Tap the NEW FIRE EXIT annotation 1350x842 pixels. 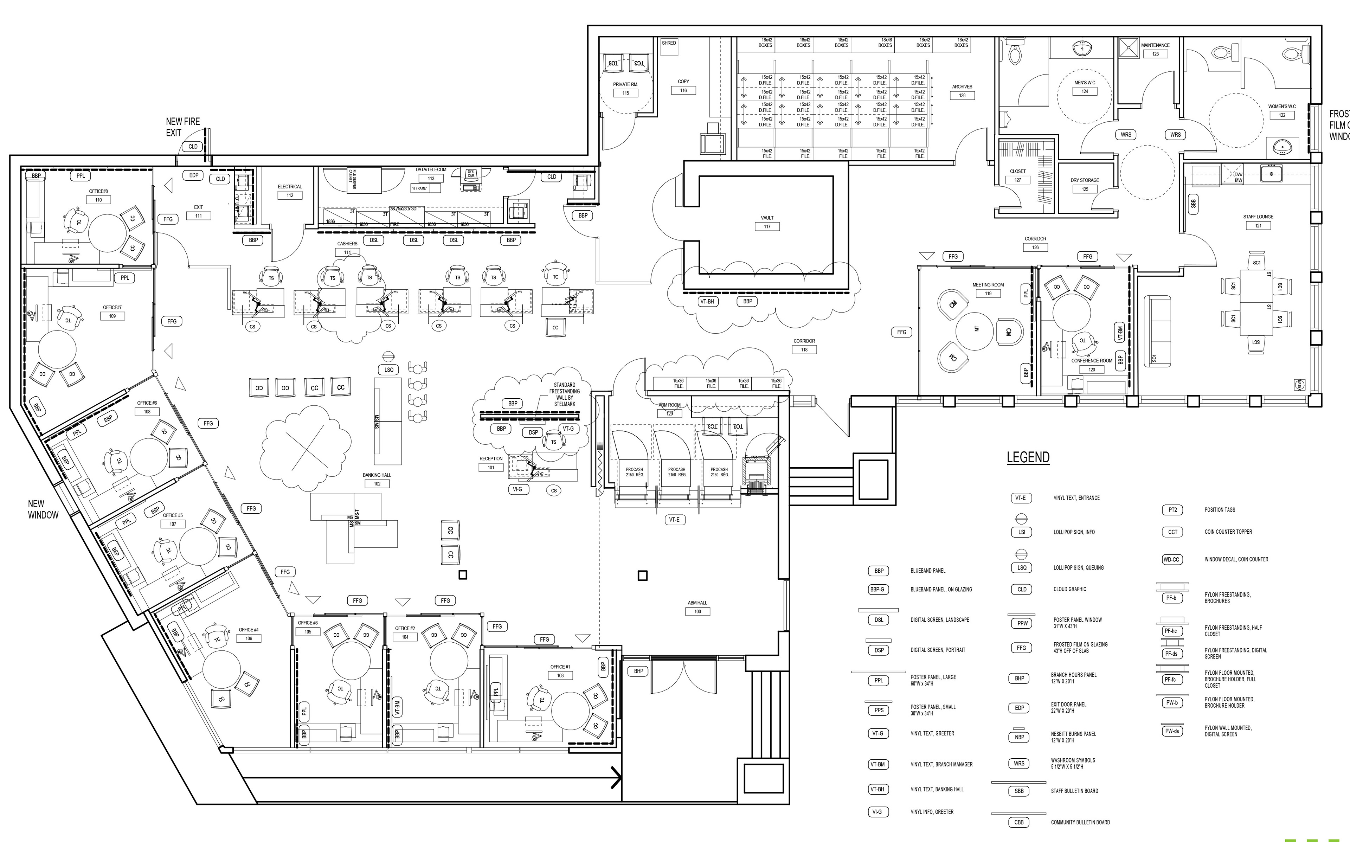click(x=182, y=127)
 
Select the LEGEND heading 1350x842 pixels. click(x=1028, y=458)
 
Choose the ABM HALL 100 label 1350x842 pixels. click(x=697, y=607)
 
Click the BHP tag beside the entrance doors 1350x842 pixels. click(x=638, y=671)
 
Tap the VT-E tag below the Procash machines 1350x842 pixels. click(x=674, y=520)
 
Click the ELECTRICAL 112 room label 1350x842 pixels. click(x=289, y=191)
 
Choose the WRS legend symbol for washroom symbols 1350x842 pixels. click(x=1019, y=764)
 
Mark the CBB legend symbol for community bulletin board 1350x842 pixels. click(x=1019, y=822)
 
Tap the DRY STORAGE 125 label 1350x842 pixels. click(x=1085, y=184)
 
